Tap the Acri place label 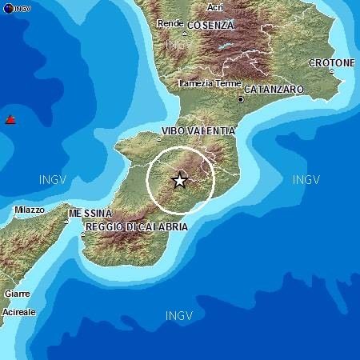pos(214,7)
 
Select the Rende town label pos(170,23)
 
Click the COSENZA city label pos(210,25)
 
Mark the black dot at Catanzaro pos(240,99)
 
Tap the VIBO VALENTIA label pos(198,130)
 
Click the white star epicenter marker pos(179,180)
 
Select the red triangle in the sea pos(10,120)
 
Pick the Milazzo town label pos(30,210)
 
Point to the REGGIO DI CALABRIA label pos(135,227)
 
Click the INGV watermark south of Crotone pos(306,179)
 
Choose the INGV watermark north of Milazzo pos(53,179)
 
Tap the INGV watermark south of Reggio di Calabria pos(178,315)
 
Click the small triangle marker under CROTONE pos(331,71)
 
